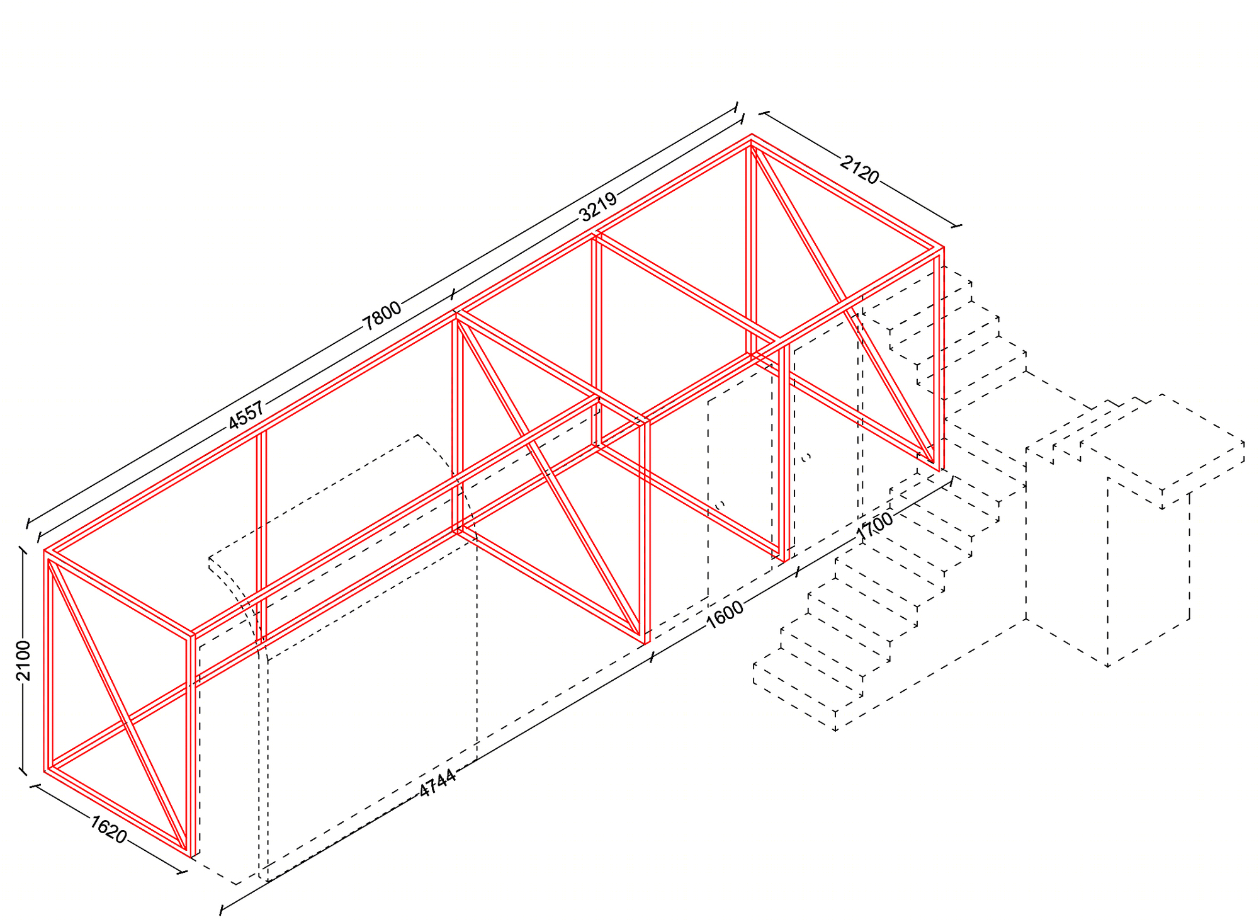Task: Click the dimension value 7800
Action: pos(381,316)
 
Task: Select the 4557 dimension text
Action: pos(246,416)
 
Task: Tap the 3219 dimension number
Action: pos(598,207)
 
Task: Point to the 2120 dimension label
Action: pos(859,170)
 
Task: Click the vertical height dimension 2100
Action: pos(23,661)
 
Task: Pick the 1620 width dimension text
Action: pos(108,829)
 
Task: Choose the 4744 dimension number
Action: pos(437,783)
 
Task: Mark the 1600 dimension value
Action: pos(725,615)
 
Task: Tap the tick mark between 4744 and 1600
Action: pos(652,657)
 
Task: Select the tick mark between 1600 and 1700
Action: pos(798,572)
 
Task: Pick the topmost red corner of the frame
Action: pos(752,134)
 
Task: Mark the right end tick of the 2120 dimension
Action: pos(957,225)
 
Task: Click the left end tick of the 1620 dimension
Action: pos(35,786)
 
